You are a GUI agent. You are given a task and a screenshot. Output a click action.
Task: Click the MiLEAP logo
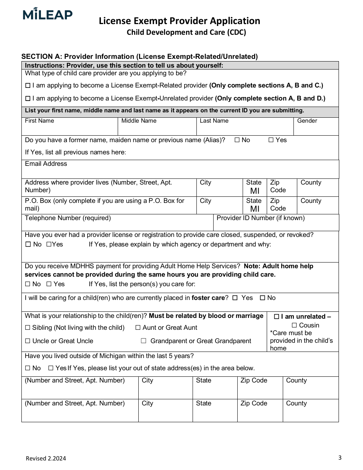click(x=47, y=14)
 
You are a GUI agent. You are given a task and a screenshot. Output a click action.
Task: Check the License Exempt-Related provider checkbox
click(x=28, y=86)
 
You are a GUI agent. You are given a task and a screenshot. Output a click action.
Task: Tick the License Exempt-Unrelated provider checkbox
click(x=28, y=99)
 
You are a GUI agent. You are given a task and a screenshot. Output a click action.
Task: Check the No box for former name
click(x=237, y=140)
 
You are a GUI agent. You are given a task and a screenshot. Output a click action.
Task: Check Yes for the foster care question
click(x=235, y=298)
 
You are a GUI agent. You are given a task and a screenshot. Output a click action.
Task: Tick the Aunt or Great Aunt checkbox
click(x=138, y=328)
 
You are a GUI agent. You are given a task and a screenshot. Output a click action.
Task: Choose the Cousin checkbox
click(x=294, y=326)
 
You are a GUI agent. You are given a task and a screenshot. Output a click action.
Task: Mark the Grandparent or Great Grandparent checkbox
click(x=144, y=341)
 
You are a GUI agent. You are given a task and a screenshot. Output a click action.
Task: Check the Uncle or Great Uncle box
click(x=28, y=341)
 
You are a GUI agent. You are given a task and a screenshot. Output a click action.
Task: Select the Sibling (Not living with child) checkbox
click(x=28, y=328)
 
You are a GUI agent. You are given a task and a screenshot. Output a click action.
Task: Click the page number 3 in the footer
click(x=340, y=457)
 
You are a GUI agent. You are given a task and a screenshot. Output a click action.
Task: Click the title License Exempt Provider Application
click(x=179, y=21)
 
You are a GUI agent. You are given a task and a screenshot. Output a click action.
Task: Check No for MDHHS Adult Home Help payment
click(x=28, y=284)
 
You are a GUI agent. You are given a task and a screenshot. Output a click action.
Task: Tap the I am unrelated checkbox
click(x=277, y=317)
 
